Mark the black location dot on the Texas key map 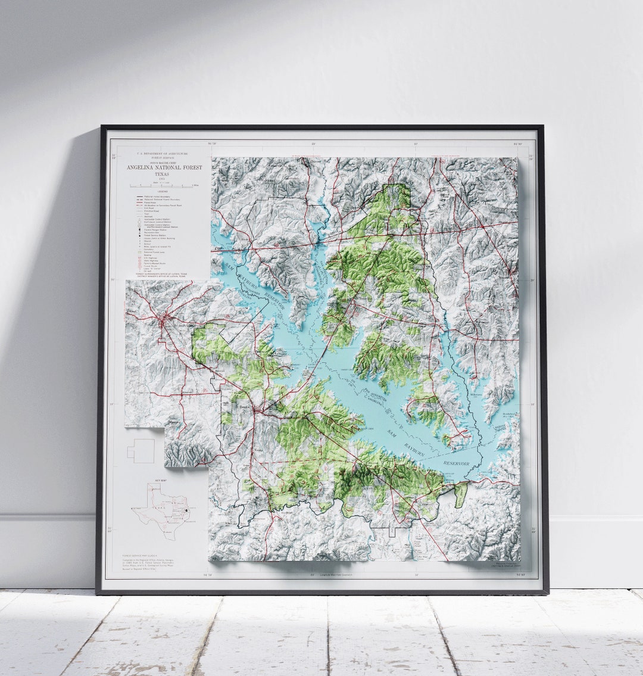[186, 510]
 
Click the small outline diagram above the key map [141, 451]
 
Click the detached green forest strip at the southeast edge [461, 494]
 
